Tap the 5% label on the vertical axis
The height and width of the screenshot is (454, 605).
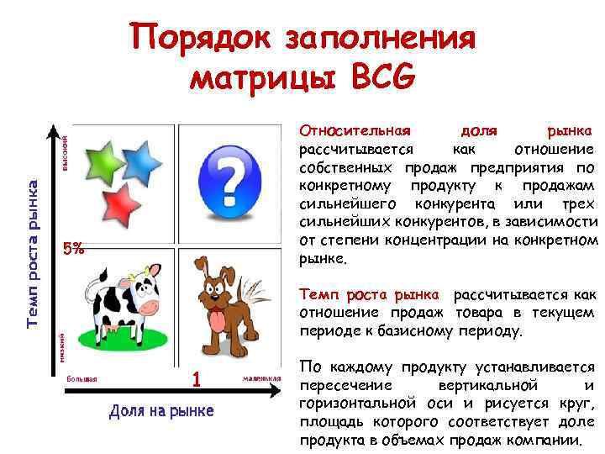(x=74, y=249)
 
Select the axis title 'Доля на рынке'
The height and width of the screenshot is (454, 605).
(x=161, y=410)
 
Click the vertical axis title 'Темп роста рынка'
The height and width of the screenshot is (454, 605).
(x=33, y=252)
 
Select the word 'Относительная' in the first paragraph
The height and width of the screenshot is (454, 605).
(x=355, y=132)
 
